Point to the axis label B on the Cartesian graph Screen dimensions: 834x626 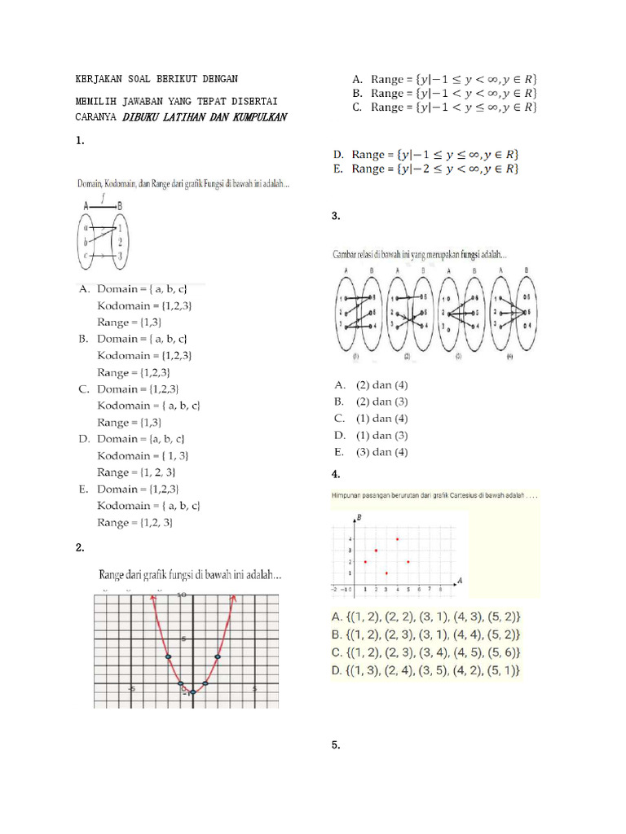tap(359, 517)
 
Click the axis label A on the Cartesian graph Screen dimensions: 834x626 tap(461, 580)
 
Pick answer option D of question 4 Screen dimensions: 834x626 tap(425, 671)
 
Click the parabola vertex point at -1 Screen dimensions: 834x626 tap(192, 692)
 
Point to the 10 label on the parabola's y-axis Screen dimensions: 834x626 tap(183, 595)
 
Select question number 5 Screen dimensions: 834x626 tap(336, 745)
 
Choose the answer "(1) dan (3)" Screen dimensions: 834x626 tap(381, 435)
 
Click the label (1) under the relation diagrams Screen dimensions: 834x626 tap(355, 357)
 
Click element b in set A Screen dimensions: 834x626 tap(84, 242)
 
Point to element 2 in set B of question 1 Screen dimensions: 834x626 tap(120, 242)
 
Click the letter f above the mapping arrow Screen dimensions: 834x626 tap(102, 196)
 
